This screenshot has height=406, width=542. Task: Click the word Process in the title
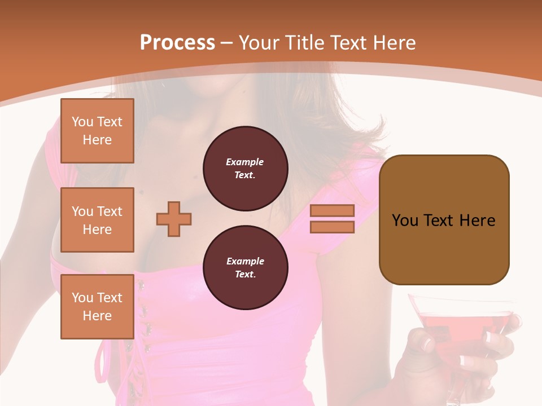(x=177, y=43)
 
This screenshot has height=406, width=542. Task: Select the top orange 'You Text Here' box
(x=97, y=131)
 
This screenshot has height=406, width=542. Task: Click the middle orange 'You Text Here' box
(x=97, y=220)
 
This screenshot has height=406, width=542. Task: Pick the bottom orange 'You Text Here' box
(x=97, y=307)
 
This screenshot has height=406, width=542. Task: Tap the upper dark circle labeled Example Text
(x=245, y=168)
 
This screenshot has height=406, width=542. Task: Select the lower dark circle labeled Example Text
(x=245, y=267)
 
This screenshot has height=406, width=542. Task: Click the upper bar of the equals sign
(x=332, y=210)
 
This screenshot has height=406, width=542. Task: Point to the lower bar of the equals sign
(x=332, y=227)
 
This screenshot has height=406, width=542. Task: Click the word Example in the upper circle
(x=245, y=162)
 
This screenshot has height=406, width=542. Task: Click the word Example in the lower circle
(x=245, y=261)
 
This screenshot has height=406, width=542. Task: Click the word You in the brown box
(x=404, y=220)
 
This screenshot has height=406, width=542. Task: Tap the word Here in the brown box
(x=478, y=220)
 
